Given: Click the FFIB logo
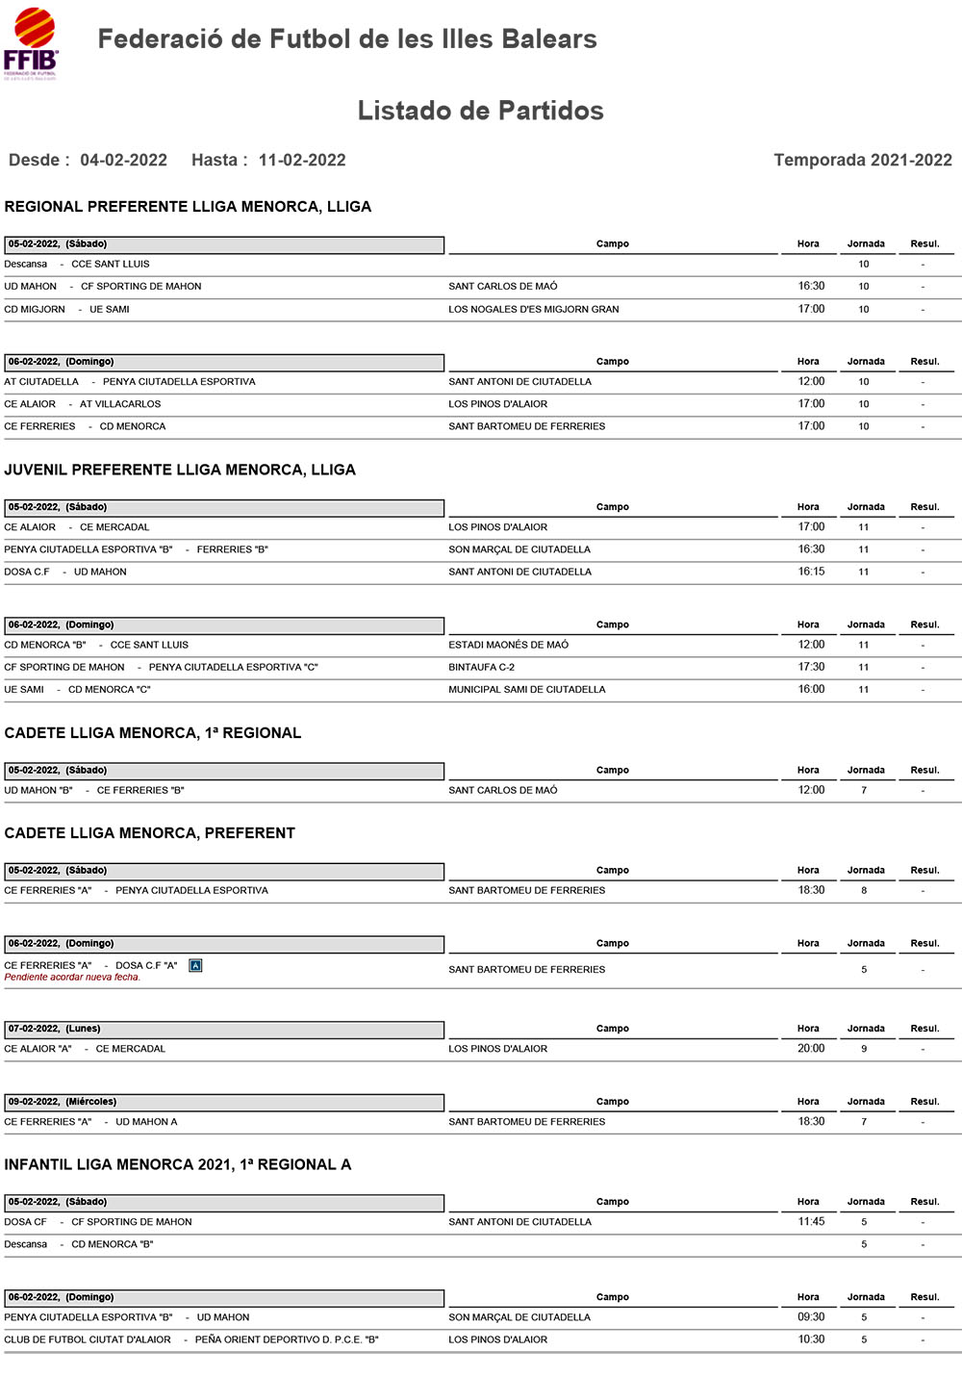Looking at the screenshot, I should click(32, 43).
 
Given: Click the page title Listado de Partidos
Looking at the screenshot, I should click(480, 111).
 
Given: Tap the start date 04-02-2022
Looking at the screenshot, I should click(123, 160).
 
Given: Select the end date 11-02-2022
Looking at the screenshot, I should click(302, 160).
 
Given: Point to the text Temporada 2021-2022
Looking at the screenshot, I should click(862, 160).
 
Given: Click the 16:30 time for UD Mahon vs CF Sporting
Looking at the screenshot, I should click(811, 286).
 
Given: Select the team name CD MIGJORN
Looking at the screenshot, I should click(35, 309).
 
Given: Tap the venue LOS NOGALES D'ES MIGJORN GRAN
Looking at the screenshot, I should click(533, 309).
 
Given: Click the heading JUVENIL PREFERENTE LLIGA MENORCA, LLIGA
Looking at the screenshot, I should click(180, 470).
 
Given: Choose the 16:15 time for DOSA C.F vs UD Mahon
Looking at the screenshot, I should click(811, 572).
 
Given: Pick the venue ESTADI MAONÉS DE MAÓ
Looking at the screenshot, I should click(508, 645).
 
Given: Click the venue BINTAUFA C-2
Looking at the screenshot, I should click(481, 667).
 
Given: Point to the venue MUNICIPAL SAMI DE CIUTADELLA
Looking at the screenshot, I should click(526, 689).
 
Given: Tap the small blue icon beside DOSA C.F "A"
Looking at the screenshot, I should click(195, 965).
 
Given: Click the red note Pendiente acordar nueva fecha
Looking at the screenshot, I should click(72, 978).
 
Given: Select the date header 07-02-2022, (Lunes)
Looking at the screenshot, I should click(55, 1029).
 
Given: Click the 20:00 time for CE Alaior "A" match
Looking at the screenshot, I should click(811, 1049).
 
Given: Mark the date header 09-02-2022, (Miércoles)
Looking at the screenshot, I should click(63, 1102).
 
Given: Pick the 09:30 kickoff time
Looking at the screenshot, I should click(811, 1317).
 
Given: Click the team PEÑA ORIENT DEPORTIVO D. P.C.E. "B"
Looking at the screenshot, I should click(287, 1339).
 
